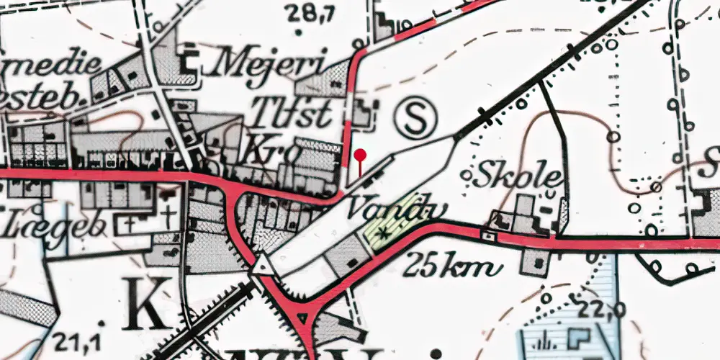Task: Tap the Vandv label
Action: pos(397,209)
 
